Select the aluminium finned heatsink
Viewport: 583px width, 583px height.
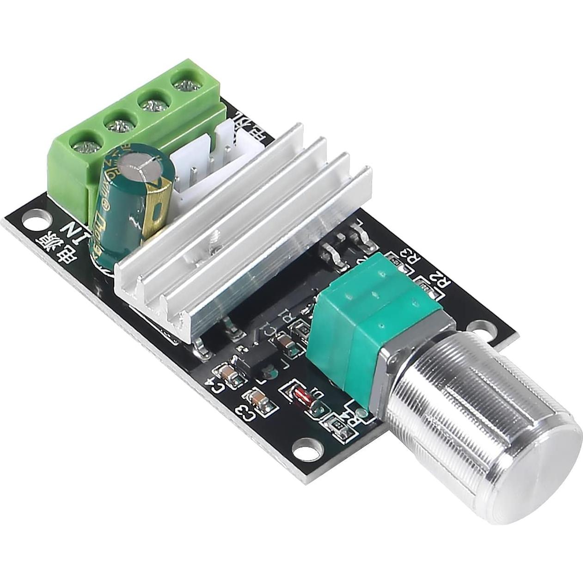click(x=240, y=240)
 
